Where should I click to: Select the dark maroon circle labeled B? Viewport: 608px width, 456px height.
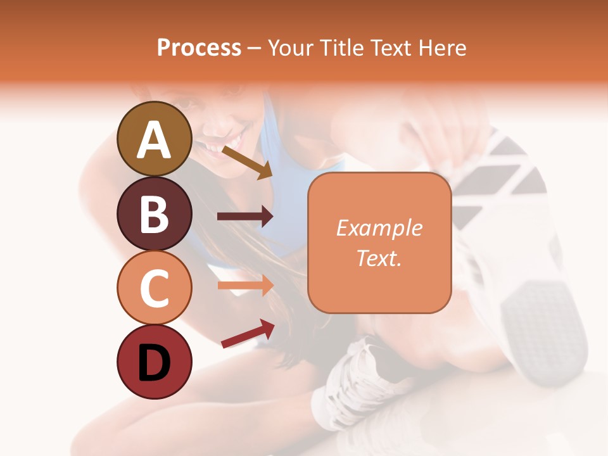pos(155,213)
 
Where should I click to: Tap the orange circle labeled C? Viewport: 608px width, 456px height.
pos(155,288)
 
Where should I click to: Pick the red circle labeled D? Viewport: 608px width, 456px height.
pos(155,362)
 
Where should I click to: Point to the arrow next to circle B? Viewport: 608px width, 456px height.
pos(245,217)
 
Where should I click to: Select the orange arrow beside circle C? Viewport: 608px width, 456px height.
pos(245,286)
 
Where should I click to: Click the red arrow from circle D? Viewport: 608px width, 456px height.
pos(248,334)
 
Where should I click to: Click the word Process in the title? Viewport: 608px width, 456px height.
pos(199,47)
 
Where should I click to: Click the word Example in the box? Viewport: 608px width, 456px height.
pos(379,228)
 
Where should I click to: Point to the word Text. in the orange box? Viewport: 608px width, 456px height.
pos(379,258)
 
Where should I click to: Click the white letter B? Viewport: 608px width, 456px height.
pos(155,214)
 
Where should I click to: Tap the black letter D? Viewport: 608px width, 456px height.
pos(155,362)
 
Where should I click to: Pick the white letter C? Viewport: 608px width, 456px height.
pos(155,288)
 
